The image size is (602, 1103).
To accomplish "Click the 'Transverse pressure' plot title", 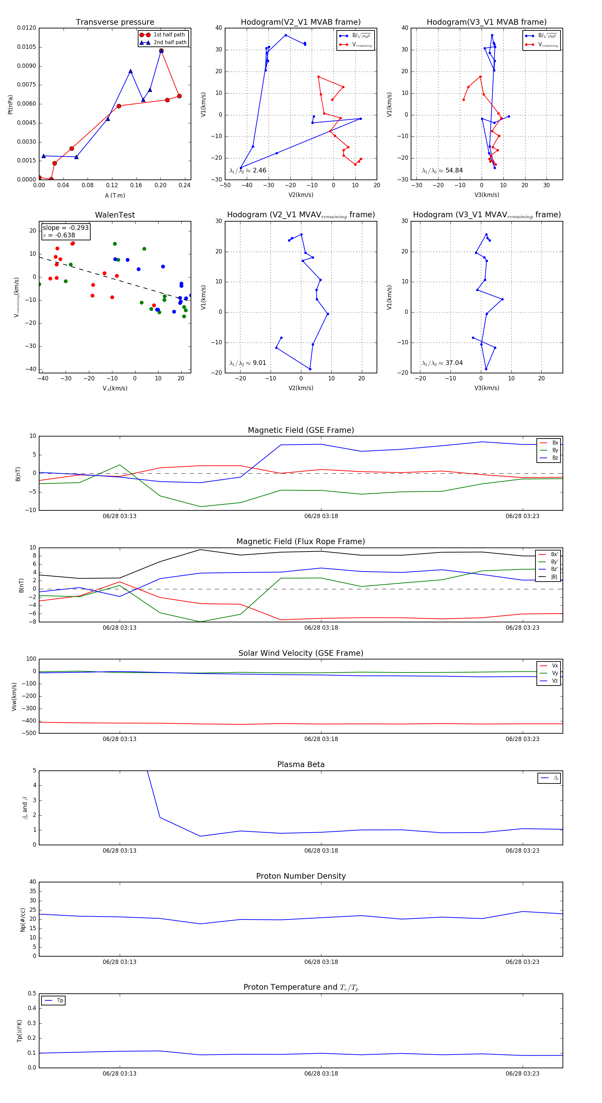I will click(115, 22).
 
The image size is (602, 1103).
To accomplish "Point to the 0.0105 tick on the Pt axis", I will click(26, 47).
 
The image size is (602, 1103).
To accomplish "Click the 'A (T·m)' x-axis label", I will click(115, 195).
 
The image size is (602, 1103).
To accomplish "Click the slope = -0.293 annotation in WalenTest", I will click(66, 228).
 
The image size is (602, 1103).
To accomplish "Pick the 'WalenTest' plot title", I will click(115, 215).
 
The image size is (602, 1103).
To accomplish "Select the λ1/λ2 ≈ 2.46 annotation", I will click(247, 170).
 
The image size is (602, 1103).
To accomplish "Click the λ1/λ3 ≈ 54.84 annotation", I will click(442, 170).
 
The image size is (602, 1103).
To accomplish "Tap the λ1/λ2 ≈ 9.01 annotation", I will click(247, 363).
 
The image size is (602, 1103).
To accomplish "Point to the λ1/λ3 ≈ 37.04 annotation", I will click(442, 363).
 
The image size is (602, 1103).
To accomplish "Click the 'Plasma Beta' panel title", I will click(301, 765).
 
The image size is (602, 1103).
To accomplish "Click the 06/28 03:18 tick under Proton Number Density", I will click(321, 962).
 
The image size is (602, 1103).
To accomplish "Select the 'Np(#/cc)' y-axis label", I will click(23, 920).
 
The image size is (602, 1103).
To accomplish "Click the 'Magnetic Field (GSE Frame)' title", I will click(301, 430).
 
